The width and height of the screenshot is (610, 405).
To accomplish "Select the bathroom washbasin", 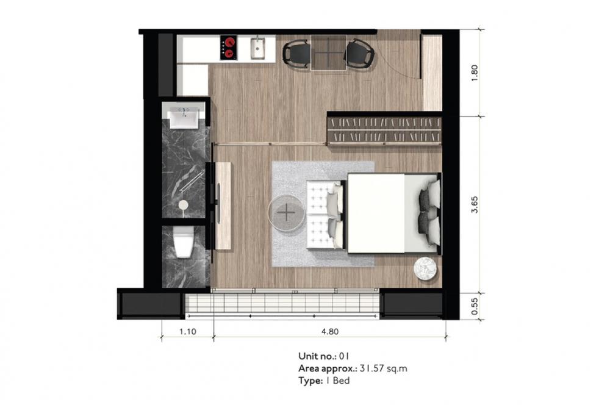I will (x=184, y=116).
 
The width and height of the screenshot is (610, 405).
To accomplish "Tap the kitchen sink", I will (x=259, y=48).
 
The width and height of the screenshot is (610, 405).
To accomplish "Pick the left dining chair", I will (x=297, y=52).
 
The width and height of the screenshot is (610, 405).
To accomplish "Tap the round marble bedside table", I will (x=427, y=268).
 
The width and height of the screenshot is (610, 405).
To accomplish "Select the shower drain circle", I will (x=183, y=206).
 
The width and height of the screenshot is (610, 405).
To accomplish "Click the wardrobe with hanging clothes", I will (x=384, y=128).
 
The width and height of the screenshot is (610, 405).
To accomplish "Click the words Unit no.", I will (x=313, y=356).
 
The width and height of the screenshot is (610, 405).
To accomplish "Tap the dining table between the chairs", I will (x=328, y=52).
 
